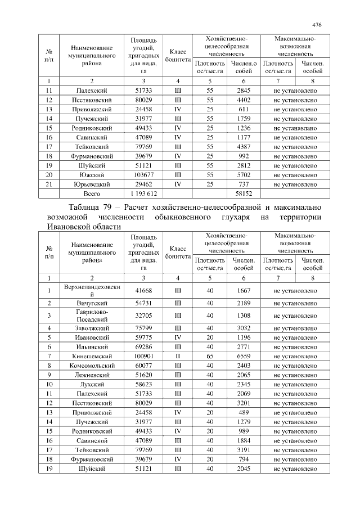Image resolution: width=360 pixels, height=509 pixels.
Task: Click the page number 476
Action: coord(317,25)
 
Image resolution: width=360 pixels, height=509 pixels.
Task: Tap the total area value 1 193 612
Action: coord(143,193)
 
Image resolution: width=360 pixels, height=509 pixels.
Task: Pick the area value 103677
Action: coord(143,174)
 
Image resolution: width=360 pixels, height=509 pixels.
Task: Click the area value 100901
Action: coord(143,356)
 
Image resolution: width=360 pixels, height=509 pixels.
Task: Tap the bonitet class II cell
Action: coord(177,356)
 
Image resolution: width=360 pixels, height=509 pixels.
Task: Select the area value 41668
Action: coord(143,290)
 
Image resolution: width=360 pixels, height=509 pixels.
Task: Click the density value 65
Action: coord(210,356)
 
